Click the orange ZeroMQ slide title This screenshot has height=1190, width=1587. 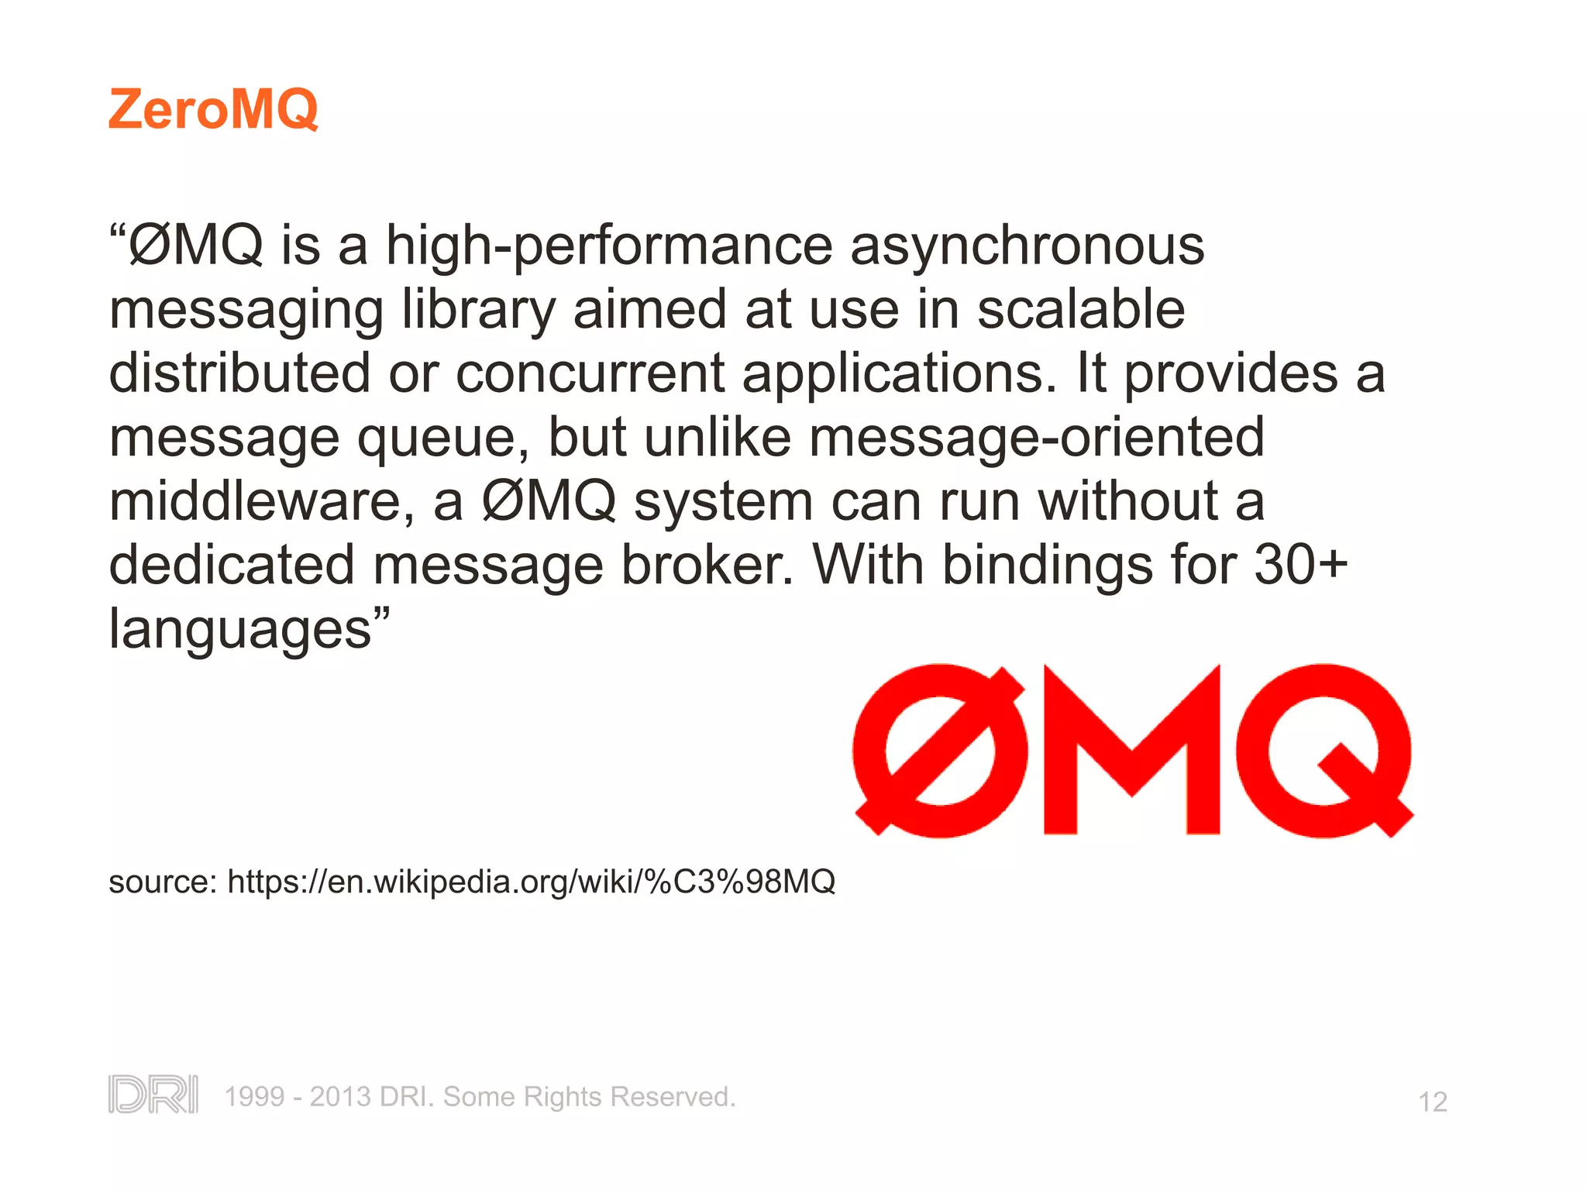pos(213,109)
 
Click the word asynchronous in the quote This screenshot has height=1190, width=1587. pos(1027,246)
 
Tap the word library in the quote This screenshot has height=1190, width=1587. pos(478,311)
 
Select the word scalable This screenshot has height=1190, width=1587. pos(1080,309)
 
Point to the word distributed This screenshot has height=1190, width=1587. pos(239,373)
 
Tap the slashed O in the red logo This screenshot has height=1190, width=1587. pos(939,750)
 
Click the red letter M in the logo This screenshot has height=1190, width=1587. pos(1131,750)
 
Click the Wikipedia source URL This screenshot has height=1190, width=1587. pos(531,882)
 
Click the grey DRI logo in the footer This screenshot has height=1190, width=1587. pos(153,1095)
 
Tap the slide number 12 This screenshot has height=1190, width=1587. pos(1432,1102)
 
